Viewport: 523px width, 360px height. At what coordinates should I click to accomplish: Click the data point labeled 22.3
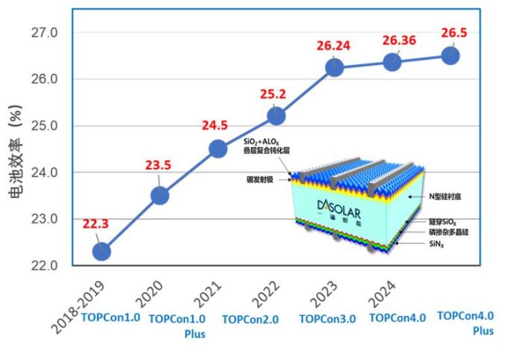point(102,252)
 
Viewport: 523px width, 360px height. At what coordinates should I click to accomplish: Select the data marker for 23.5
point(160,196)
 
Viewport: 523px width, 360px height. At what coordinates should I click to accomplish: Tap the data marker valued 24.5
point(217,149)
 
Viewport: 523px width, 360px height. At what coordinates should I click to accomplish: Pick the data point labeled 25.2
point(276,116)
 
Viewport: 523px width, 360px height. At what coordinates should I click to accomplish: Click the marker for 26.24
point(334,68)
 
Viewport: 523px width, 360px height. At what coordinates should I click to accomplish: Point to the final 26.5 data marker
point(451,56)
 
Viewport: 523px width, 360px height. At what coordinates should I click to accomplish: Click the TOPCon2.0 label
point(250,319)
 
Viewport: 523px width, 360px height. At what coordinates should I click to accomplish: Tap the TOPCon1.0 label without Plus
point(111,317)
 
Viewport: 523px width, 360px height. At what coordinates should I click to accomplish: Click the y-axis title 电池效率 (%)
point(16,157)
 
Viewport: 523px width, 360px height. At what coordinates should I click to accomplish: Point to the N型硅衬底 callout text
point(447,196)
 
